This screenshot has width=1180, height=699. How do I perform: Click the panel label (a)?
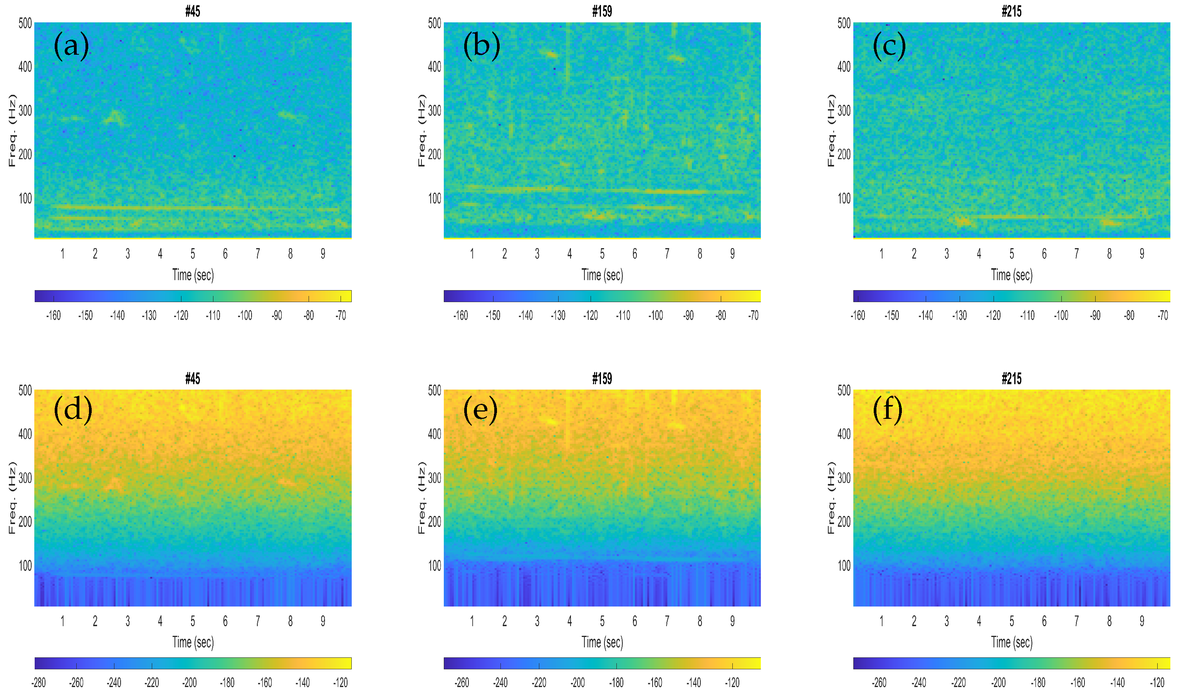[x=71, y=46]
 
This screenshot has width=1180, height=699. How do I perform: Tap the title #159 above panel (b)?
[x=602, y=11]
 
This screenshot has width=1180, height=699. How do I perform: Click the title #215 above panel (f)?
[x=1011, y=379]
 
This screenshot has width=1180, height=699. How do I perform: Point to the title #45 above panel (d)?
[x=193, y=379]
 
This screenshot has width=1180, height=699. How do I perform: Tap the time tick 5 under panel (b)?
[x=602, y=254]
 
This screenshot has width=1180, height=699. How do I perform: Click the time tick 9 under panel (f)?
[x=1141, y=621]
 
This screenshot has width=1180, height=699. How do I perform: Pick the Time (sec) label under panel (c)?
[x=1011, y=275]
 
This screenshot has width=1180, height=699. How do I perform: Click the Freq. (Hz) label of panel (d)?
[x=12, y=497]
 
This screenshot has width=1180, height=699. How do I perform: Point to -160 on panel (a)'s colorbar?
[x=54, y=315]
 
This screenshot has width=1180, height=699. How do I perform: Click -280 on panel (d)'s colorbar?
[x=39, y=682]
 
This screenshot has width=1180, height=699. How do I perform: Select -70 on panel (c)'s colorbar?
[x=1163, y=315]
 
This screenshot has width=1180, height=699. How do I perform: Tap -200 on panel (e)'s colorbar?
[x=577, y=682]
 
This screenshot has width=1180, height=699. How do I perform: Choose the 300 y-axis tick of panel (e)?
[x=434, y=477]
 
